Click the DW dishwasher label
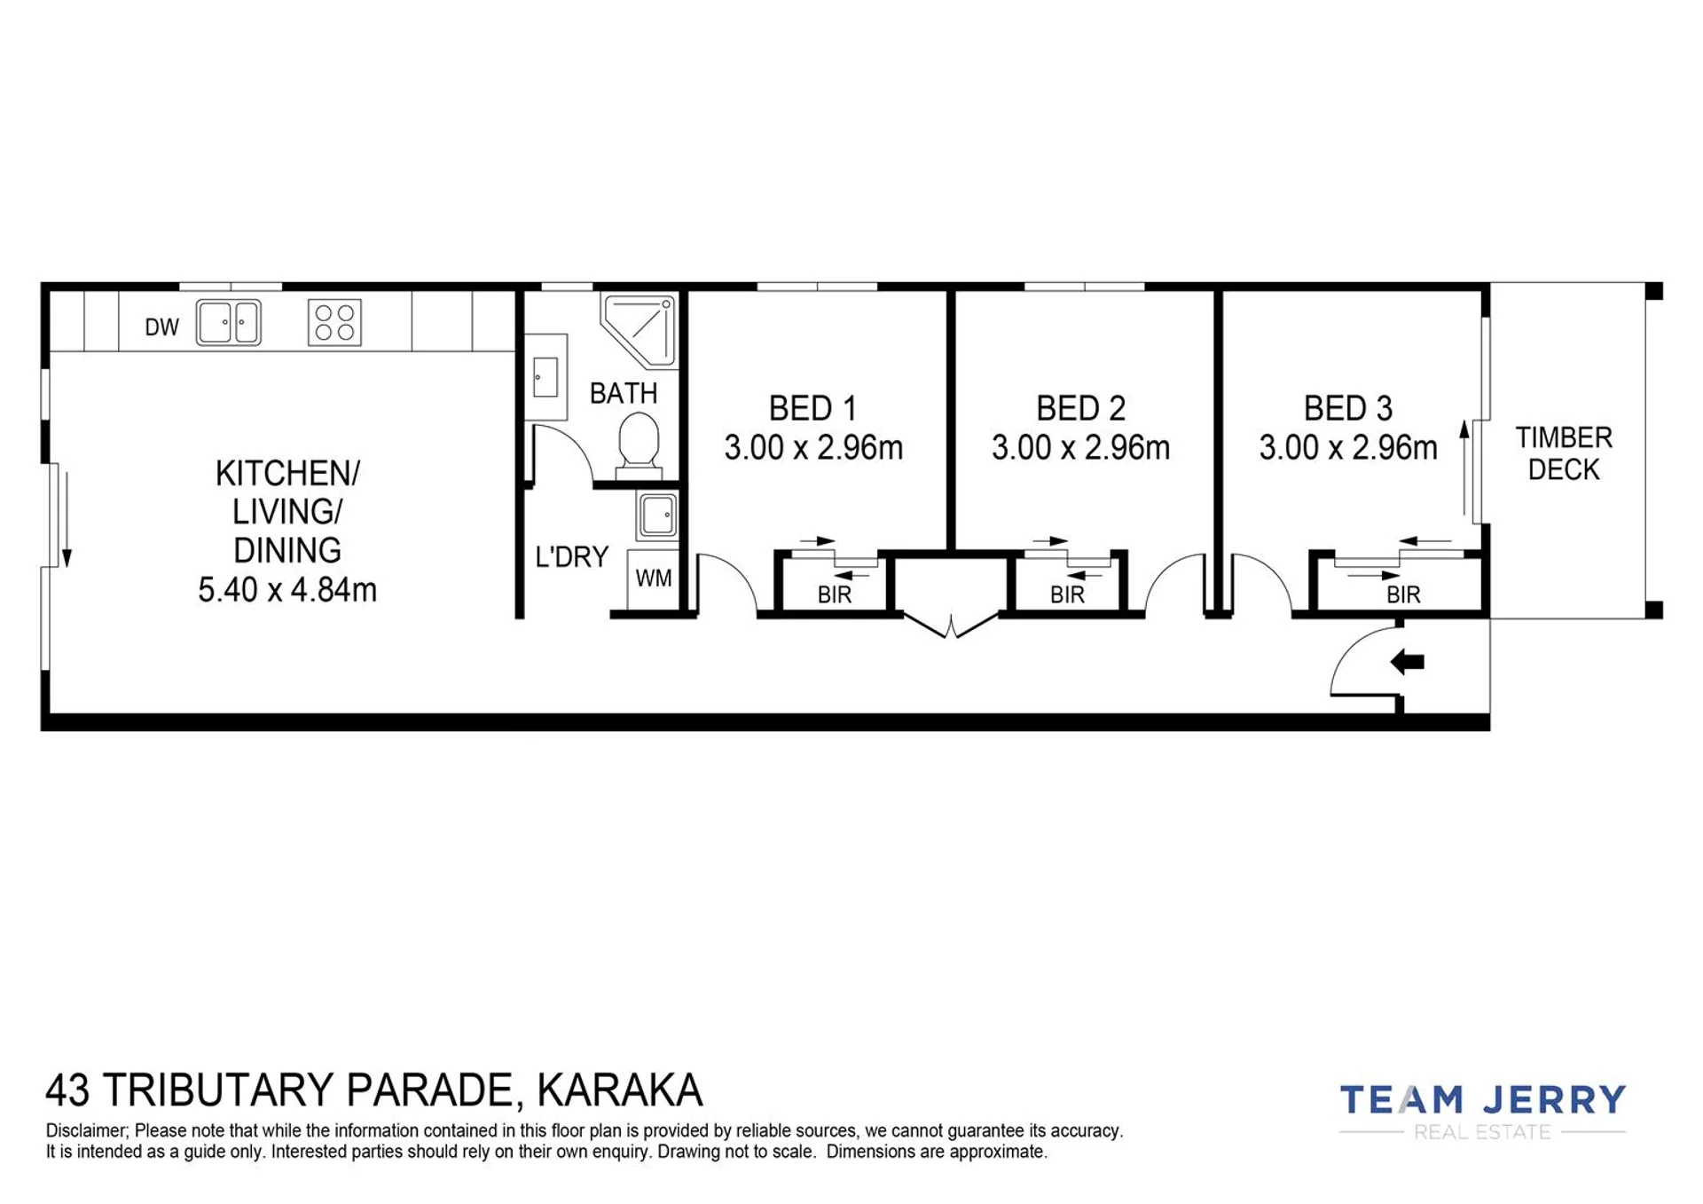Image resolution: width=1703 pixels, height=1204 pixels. click(161, 327)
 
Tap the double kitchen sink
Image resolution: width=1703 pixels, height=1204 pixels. click(228, 322)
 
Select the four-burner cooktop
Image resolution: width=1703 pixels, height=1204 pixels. click(334, 322)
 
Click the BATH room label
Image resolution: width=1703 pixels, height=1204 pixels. click(624, 393)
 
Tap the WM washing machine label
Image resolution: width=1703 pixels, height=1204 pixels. click(654, 578)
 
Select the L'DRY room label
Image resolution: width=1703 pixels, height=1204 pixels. click(572, 557)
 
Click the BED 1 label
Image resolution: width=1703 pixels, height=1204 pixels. click(812, 408)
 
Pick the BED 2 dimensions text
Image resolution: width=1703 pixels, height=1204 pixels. click(1080, 447)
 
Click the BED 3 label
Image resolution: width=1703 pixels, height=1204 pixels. click(1348, 408)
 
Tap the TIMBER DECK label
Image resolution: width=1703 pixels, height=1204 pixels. click(1564, 453)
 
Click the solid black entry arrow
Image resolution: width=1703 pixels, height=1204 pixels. click(1407, 662)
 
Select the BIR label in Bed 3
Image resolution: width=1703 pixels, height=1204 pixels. click(1403, 594)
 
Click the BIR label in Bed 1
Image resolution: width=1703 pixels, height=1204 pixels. click(834, 594)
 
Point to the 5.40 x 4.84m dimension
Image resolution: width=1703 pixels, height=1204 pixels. click(287, 589)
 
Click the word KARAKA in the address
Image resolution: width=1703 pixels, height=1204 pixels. click(620, 1090)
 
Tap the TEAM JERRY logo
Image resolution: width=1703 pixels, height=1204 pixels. click(1482, 1111)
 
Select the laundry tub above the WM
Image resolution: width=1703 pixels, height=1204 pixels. click(657, 515)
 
